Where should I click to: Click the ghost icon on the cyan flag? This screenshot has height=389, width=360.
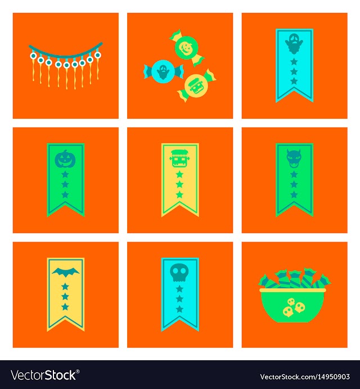point(294,44)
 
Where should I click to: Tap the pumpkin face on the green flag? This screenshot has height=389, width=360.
point(65,159)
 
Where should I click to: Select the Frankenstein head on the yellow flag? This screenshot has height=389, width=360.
point(180,159)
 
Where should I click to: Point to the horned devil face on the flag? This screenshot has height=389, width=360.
point(294,159)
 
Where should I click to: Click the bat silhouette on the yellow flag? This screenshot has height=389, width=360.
point(65,272)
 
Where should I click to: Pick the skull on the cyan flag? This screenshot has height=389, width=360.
point(179,272)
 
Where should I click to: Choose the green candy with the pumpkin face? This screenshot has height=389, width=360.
point(187,48)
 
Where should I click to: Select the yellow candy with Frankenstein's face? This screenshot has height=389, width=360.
point(197,86)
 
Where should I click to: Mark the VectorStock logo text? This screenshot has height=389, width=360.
point(45,375)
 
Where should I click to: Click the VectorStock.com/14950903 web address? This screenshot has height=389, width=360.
point(305,377)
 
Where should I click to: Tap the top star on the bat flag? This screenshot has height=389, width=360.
point(65,287)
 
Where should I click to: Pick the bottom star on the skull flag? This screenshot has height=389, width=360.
point(179,309)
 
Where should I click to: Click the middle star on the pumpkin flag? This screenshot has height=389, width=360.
point(65,184)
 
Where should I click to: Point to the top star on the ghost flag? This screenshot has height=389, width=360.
point(294,61)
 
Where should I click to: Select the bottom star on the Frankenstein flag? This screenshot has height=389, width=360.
point(179,195)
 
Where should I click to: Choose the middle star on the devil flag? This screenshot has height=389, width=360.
point(294,184)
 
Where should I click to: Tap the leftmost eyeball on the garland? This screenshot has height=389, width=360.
point(33,56)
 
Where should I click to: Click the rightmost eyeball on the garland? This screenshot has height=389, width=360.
point(98,55)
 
